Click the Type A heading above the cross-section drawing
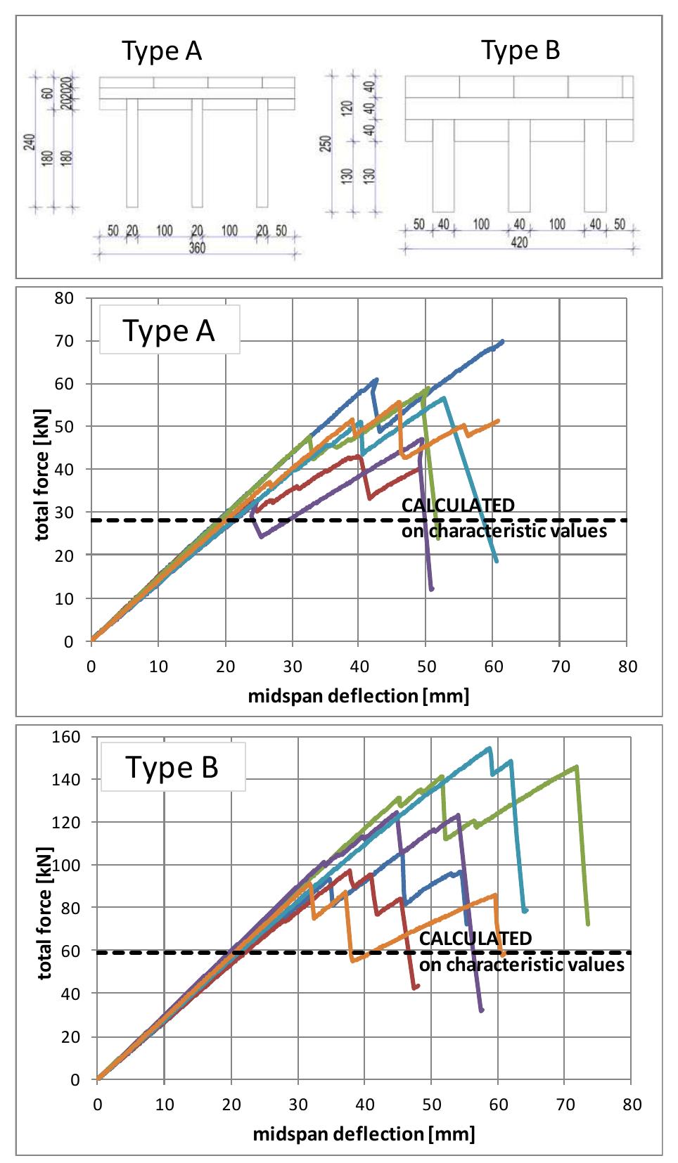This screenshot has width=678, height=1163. pos(162,51)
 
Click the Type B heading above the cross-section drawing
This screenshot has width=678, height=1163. pos(520,50)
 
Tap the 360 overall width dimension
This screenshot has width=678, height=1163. pos(197,248)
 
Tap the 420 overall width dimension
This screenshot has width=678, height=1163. pos(519,243)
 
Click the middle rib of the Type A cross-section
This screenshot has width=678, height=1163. pos(197,153)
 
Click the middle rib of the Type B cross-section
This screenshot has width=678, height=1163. pos(519,165)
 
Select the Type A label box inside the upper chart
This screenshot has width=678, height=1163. pos(169,330)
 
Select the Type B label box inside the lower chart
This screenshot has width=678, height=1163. pos(172,767)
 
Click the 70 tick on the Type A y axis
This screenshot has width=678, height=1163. pos(64,341)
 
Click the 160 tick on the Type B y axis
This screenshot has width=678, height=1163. pos(67,737)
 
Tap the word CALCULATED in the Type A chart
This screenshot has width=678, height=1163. pos(458,506)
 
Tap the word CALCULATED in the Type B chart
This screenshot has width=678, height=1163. pos(475,939)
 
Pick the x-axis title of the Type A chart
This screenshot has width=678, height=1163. pos(358,696)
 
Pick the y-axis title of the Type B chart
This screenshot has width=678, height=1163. pos(44,913)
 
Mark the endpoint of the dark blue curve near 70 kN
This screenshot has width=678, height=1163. pos(502,341)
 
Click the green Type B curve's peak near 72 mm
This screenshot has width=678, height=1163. pos(577,766)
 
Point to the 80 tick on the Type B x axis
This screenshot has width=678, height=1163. pos(632,1105)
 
